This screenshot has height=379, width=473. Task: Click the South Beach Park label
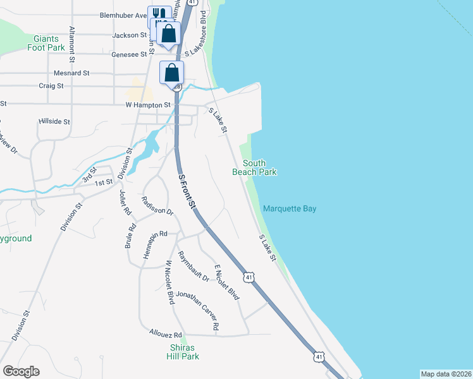pyautogui.click(x=254, y=167)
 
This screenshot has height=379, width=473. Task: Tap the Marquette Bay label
pyautogui.click(x=290, y=209)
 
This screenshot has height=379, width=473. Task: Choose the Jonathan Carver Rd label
pyautogui.click(x=198, y=310)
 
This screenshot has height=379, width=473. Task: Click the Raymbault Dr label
pyautogui.click(x=193, y=267)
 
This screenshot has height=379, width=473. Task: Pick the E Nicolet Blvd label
pyautogui.click(x=226, y=282)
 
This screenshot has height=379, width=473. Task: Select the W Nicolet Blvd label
pyautogui.click(x=169, y=282)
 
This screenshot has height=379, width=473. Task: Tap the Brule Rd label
pyautogui.click(x=130, y=235)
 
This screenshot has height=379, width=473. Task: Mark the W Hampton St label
pyautogui.click(x=148, y=105)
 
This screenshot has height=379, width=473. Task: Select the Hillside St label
pyautogui.click(x=54, y=121)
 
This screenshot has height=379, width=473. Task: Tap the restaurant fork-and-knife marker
pyautogui.click(x=159, y=14)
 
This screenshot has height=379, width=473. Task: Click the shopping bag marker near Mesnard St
pyautogui.click(x=171, y=73)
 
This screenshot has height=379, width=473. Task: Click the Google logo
pyautogui.click(x=21, y=371)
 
